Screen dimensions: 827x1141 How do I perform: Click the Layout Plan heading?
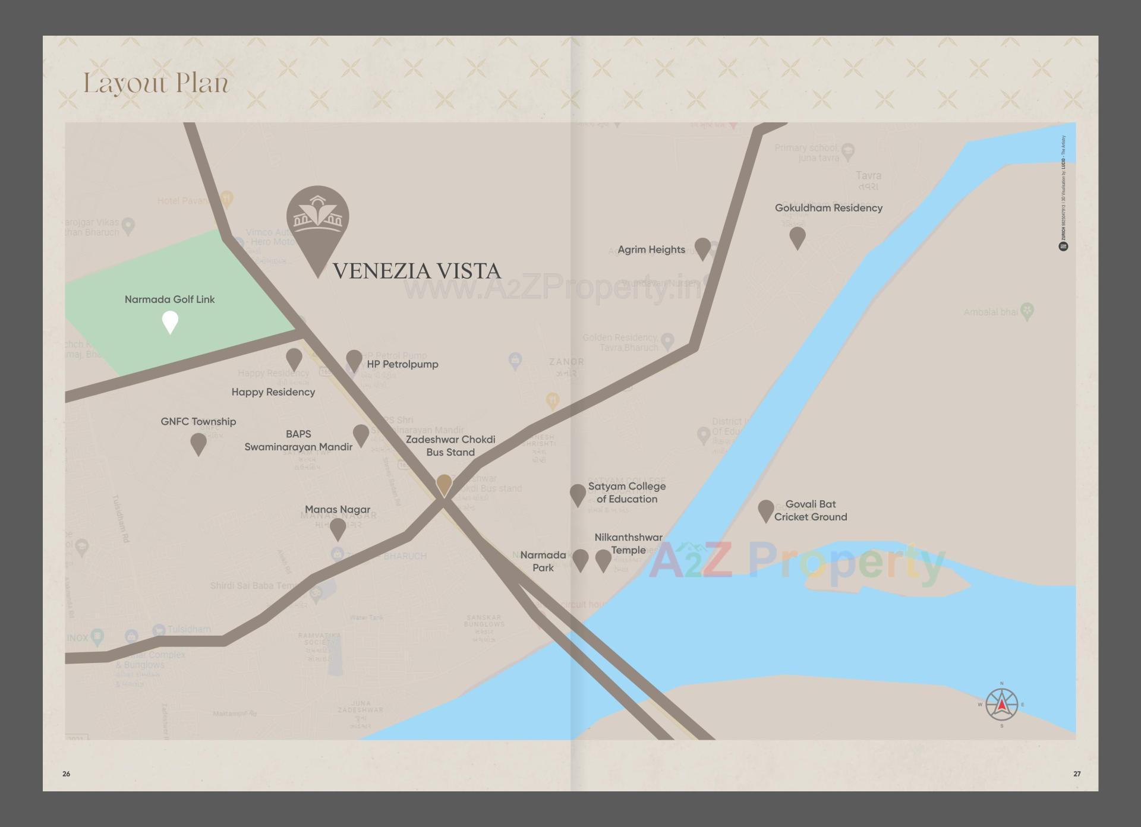[156, 83]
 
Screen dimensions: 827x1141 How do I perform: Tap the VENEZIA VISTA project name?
[417, 271]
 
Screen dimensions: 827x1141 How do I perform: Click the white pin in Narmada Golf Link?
[170, 322]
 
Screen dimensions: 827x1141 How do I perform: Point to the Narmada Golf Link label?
[169, 299]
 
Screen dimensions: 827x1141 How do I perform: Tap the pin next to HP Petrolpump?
[354, 360]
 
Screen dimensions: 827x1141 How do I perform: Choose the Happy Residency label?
[273, 392]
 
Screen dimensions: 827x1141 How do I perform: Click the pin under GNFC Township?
[198, 443]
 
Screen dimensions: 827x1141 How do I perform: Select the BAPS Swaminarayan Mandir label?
[298, 440]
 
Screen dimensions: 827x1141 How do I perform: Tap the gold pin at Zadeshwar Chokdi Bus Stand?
[444, 485]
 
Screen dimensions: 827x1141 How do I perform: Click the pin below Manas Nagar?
[338, 529]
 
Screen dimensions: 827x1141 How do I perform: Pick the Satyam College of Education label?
[626, 493]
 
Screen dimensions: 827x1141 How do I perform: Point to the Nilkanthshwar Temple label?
[628, 544]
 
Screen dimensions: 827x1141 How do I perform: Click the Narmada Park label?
[543, 561]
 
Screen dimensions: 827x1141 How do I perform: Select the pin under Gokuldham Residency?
[797, 237]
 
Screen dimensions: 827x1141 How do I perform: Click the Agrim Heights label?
[651, 250]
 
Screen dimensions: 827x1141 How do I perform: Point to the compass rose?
[1001, 705]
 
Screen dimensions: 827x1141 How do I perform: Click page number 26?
[66, 774]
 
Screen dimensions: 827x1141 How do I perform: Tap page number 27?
[1077, 774]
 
